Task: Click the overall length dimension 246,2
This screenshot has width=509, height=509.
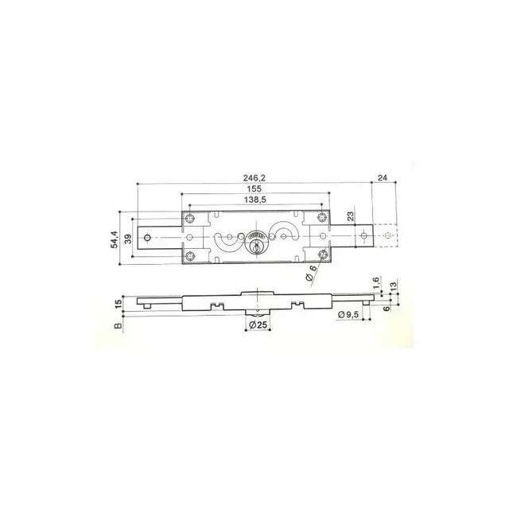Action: [x=254, y=178]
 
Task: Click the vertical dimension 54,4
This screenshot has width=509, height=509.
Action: [x=115, y=237]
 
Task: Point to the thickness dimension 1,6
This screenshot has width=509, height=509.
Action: [x=375, y=282]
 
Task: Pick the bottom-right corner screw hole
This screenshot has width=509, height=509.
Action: [x=322, y=254]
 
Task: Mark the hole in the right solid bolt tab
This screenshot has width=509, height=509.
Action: [x=362, y=236]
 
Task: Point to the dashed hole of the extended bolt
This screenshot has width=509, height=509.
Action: [x=386, y=236]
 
